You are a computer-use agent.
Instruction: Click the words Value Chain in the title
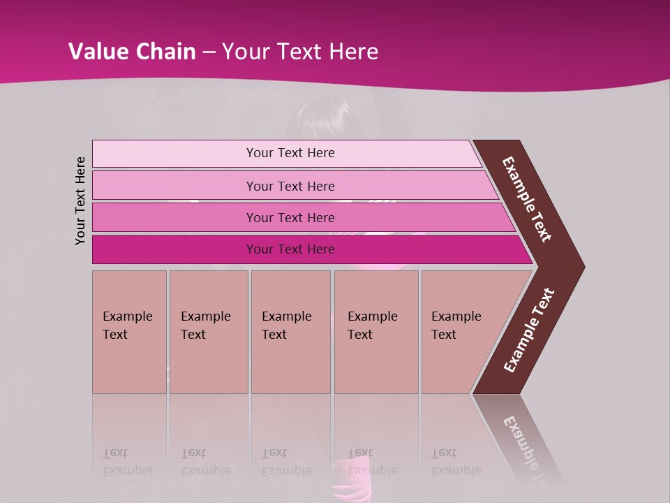click(x=132, y=52)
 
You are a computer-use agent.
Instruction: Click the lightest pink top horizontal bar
click(x=174, y=154)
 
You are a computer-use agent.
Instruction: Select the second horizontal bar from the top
click(x=174, y=186)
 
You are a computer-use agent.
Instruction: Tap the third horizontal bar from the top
click(x=174, y=218)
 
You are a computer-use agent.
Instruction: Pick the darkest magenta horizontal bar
click(x=174, y=249)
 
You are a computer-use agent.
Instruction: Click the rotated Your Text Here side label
click(x=81, y=201)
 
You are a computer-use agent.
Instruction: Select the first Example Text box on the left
click(x=129, y=332)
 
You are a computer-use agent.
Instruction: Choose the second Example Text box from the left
click(x=208, y=332)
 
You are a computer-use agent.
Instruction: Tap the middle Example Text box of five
click(x=290, y=332)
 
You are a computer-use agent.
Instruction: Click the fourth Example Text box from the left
click(x=376, y=332)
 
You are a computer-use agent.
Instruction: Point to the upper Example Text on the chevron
click(x=527, y=199)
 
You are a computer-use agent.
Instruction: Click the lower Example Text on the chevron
click(x=529, y=330)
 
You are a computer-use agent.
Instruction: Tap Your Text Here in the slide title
click(x=300, y=52)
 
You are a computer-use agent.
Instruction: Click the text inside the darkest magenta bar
click(x=290, y=249)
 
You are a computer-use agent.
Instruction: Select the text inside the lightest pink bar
click(x=290, y=153)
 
